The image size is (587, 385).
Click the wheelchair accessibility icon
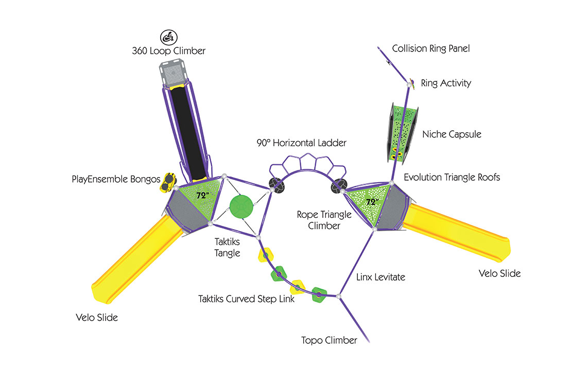(167, 37)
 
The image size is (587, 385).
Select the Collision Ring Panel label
(431, 49)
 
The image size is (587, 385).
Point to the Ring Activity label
(446, 83)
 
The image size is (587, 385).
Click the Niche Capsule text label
(452, 134)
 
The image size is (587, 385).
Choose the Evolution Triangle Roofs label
(452, 178)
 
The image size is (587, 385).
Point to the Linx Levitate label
(381, 277)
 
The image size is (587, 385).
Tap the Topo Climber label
(329, 340)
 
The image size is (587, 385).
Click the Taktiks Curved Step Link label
(247, 299)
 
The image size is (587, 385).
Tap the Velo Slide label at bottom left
(97, 318)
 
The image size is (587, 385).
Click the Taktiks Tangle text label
(228, 247)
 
